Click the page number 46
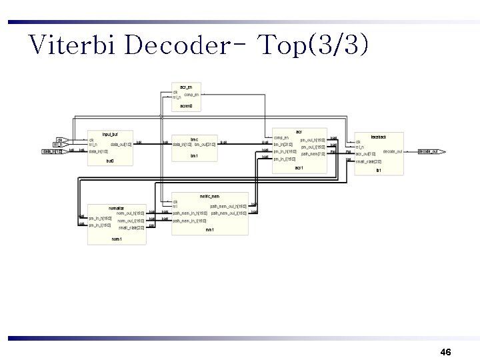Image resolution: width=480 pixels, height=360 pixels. pos(446,351)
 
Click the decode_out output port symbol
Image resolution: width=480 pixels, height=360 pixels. pos(431,152)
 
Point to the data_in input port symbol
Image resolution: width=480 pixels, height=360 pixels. pos(53,152)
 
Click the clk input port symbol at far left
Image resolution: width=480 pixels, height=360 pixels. pos(59,139)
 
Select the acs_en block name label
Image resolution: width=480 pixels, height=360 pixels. pos(186,87)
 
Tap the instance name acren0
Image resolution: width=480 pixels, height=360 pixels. pos(186,105)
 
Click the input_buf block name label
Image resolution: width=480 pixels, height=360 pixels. pos(110,134)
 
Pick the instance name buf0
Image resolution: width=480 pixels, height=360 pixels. pos(110,161)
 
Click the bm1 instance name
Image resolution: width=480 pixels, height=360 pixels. pos(194,156)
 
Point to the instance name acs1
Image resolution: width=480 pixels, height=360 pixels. pos(299,167)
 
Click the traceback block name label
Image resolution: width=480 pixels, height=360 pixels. pos(378,137)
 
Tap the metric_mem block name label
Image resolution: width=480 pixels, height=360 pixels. pos(210,195)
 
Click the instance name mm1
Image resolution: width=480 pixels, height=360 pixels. pos(209,229)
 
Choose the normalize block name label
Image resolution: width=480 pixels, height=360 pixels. pos(117,207)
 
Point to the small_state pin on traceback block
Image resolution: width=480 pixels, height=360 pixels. pos(369,161)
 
